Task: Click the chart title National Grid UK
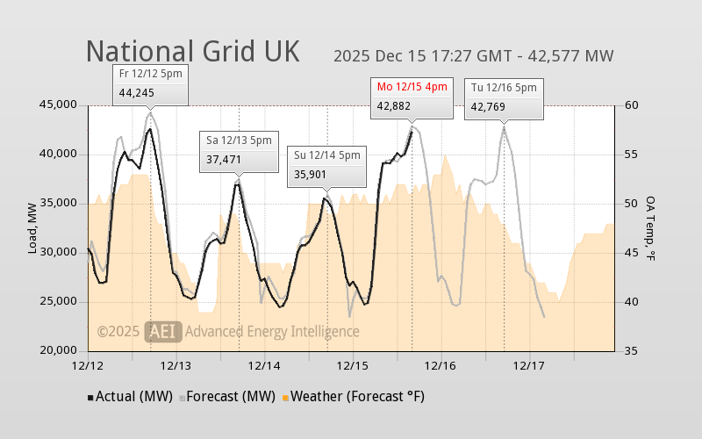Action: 192,51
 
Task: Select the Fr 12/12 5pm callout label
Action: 151,72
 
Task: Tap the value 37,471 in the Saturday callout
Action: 224,160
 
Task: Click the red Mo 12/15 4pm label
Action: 412,86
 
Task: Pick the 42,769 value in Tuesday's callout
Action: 489,107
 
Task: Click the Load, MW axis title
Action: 32,228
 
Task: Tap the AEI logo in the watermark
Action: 163,331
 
